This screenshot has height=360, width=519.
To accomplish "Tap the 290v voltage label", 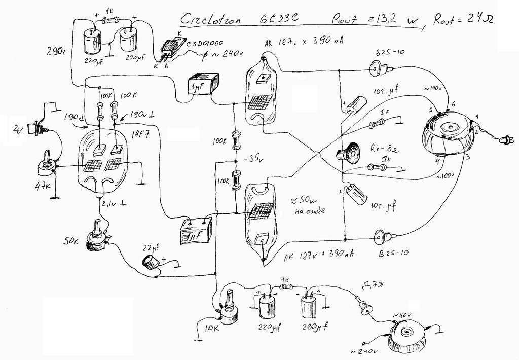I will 54,51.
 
